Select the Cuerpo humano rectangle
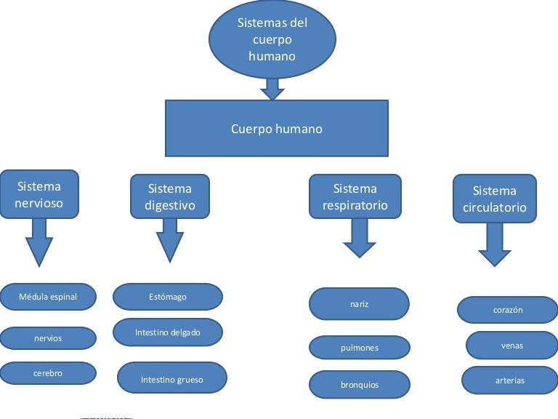(277, 129)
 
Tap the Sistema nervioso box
(39, 194)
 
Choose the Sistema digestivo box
(170, 196)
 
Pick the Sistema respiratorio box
(355, 196)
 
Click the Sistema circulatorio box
(495, 199)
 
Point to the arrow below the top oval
(272, 89)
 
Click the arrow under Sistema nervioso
(39, 242)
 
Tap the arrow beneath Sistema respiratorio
(360, 238)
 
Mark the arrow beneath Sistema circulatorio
(495, 245)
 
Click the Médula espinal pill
(48, 297)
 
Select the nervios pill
(48, 338)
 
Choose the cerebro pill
(48, 373)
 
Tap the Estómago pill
(168, 297)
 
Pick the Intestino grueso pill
(172, 378)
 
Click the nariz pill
(360, 304)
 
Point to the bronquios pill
(360, 384)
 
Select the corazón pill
(508, 310)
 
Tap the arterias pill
(509, 380)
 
